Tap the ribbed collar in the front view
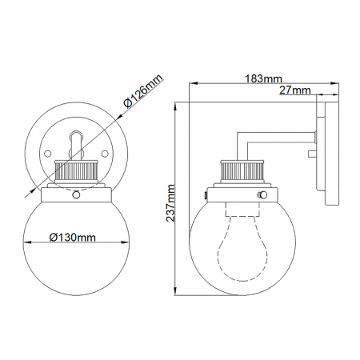[x=74, y=170]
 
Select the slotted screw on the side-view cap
[x=262, y=194]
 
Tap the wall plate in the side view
[x=322, y=152]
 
